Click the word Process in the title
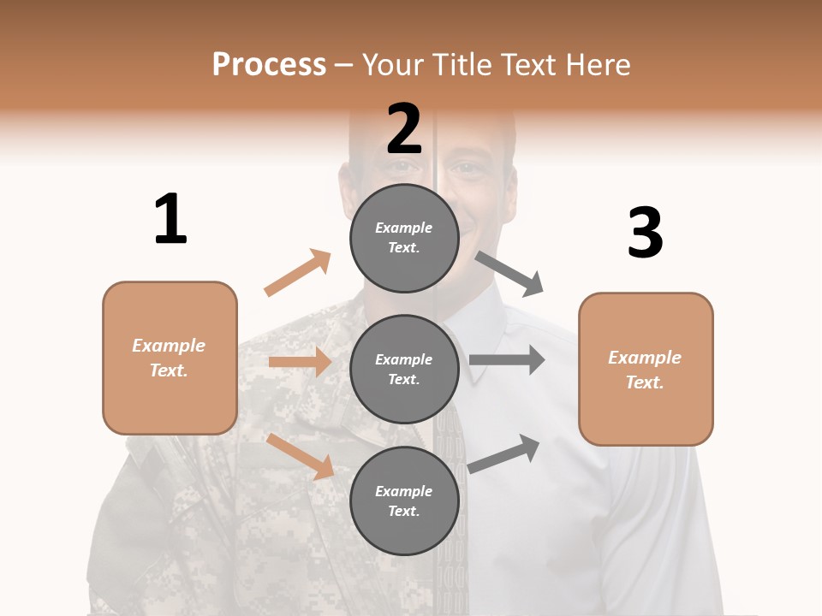point(269,65)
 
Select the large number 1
point(170,219)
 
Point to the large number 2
point(404,128)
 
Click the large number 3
point(645,233)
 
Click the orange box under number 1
point(170,358)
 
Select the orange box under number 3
point(646,369)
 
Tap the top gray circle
point(404,238)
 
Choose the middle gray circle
point(404,369)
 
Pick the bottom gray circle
point(404,500)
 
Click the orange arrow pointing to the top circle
point(298,272)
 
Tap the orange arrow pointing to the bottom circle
point(301,456)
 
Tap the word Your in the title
point(393,65)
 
